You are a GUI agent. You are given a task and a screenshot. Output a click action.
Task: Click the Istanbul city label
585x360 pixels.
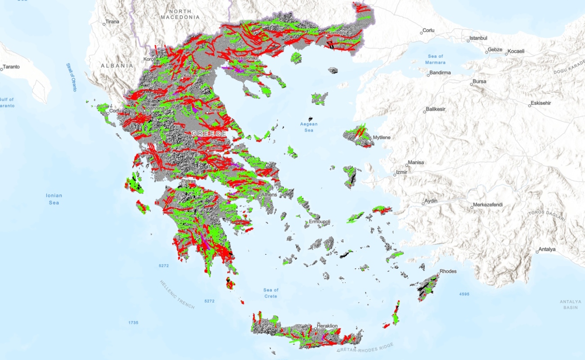pyautogui.click(x=478, y=38)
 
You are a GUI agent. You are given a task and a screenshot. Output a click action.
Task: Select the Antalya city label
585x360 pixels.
pyautogui.click(x=547, y=249)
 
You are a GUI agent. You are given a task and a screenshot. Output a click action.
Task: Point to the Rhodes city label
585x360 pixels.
pyautogui.click(x=448, y=271)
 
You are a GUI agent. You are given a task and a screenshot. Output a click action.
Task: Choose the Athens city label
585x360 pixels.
pyautogui.click(x=269, y=195)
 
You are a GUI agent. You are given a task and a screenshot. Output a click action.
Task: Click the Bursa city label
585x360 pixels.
pyautogui.click(x=479, y=82)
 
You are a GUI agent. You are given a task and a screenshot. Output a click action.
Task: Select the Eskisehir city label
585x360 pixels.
pyautogui.click(x=540, y=103)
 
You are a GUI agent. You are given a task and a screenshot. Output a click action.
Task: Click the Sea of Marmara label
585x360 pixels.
pyautogui.click(x=436, y=59)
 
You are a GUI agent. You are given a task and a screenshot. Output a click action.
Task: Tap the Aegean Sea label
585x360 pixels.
pyautogui.click(x=309, y=127)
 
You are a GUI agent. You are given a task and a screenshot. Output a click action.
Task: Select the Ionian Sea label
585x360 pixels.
pyautogui.click(x=54, y=199)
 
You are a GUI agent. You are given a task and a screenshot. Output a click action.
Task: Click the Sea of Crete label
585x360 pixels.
pyautogui.click(x=271, y=293)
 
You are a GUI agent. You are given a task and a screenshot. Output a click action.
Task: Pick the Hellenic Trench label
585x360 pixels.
pyautogui.click(x=177, y=294)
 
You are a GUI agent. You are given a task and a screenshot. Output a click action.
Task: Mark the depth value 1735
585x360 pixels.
pyautogui.click(x=133, y=323)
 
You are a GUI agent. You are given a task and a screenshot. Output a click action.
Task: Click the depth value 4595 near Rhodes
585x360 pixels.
pyautogui.click(x=464, y=294)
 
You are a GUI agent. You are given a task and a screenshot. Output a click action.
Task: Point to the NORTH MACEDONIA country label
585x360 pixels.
pyautogui.click(x=180, y=14)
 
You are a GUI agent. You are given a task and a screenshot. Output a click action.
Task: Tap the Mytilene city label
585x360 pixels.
pyautogui.click(x=382, y=137)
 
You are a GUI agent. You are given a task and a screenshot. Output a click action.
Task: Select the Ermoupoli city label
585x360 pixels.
pyautogui.click(x=319, y=222)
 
